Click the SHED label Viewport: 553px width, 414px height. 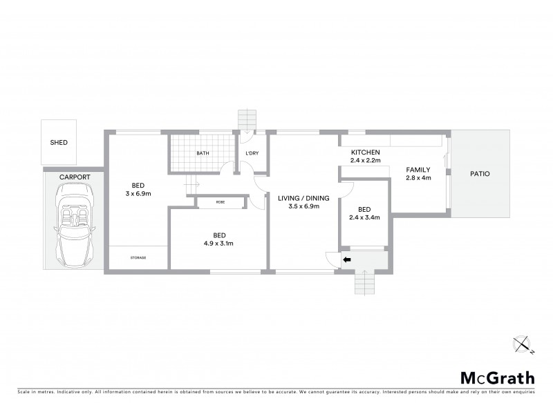click(x=59, y=143)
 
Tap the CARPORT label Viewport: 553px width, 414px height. click(x=74, y=177)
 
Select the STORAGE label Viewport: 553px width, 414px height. click(x=138, y=257)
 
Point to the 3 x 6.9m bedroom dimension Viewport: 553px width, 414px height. click(x=138, y=194)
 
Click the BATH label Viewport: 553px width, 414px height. click(x=203, y=153)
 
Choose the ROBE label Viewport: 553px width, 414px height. click(x=220, y=202)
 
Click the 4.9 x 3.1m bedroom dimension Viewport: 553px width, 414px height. click(x=219, y=243)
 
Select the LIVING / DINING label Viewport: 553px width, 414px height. click(x=303, y=198)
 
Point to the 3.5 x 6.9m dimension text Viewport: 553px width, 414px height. click(x=303, y=206)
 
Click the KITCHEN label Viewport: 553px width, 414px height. click(x=366, y=152)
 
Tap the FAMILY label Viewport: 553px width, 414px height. click(x=418, y=170)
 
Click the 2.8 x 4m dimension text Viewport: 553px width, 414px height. click(x=418, y=178)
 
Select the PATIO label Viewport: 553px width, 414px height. click(x=480, y=174)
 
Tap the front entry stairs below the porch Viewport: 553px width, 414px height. click(x=364, y=282)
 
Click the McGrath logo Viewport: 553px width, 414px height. click(x=497, y=377)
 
